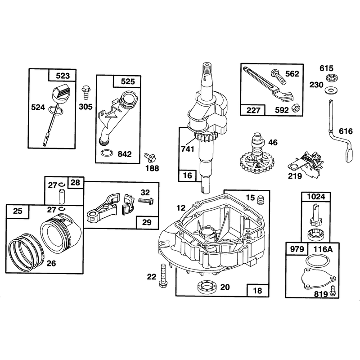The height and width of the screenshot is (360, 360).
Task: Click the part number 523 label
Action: pos(63,76)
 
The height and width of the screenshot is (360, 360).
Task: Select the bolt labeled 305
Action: pos(86,92)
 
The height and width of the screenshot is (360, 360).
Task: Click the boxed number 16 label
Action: pos(187,175)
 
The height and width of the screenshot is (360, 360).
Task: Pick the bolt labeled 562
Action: pos(279,76)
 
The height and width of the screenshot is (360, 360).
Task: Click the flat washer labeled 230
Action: pos(330,90)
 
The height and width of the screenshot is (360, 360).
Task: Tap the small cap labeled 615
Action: pos(330,78)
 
